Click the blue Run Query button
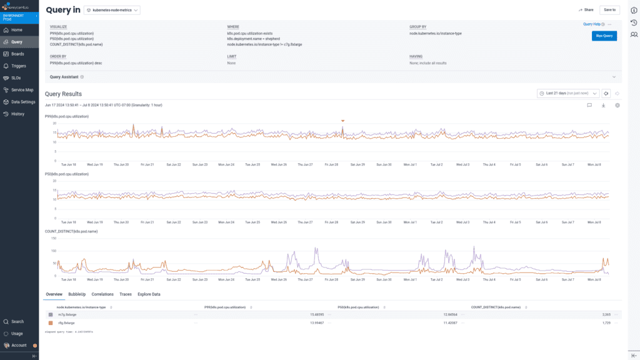pos(604,36)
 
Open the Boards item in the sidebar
pos(17,54)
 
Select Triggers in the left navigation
pos(19,66)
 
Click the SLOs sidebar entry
pos(16,77)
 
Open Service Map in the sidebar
pos(22,89)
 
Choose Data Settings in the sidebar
pos(23,101)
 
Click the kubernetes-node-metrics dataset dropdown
pos(112,10)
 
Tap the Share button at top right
pos(586,10)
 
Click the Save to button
pos(609,10)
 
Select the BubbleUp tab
pos(77,294)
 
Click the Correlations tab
pos(102,294)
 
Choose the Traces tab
pos(126,294)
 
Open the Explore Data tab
pos(149,294)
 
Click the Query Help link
pos(591,24)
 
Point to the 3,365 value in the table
pos(606,314)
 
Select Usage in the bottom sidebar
pos(17,333)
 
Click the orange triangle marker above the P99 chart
pos(342,121)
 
